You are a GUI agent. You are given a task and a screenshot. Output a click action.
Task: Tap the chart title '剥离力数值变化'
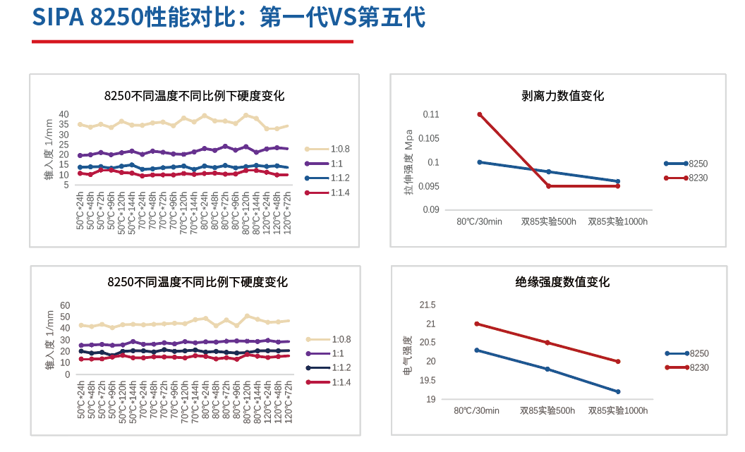click(562, 96)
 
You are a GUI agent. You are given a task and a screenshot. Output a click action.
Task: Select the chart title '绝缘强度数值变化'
click(562, 282)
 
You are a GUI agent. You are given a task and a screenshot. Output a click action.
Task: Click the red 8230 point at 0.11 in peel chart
click(480, 114)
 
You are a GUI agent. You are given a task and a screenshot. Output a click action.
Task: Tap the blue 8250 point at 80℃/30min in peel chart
click(480, 162)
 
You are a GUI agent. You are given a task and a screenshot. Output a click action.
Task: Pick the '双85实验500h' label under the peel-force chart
click(548, 221)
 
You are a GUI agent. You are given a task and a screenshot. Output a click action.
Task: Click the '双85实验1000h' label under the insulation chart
click(617, 411)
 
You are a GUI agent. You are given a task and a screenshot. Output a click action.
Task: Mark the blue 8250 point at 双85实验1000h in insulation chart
click(618, 392)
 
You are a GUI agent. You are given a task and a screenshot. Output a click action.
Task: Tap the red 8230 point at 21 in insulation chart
click(478, 324)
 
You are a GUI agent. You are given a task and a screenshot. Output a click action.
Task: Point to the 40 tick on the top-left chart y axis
click(64, 114)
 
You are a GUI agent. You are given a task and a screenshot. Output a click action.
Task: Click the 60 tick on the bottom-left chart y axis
click(65, 305)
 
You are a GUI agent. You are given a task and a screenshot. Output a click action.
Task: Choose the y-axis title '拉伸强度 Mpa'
click(408, 162)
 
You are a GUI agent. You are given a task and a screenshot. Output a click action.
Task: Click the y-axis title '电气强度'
click(408, 353)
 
